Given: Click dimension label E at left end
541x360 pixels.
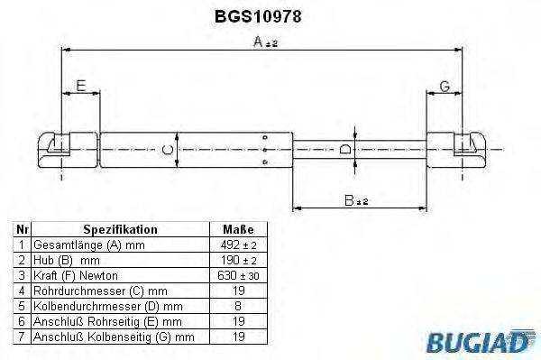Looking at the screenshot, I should click(81, 87).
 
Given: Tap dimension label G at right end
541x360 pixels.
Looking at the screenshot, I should click(445, 87).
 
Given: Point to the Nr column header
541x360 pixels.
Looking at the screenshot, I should click(23, 230).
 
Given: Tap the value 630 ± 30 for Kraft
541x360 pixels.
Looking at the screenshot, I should click(237, 275).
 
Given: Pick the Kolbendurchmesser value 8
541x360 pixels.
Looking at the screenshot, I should click(237, 306).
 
